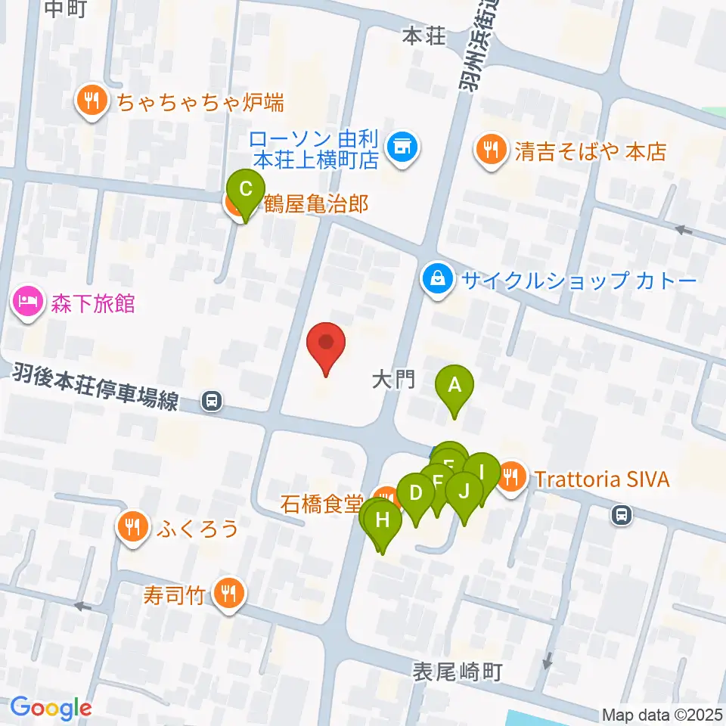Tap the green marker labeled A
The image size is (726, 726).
coord(455,386)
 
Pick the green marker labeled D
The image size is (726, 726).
coord(415,494)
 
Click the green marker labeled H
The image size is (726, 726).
coord(383,520)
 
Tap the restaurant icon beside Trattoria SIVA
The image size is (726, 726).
coord(513,476)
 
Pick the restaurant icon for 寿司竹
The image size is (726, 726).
coord(228,594)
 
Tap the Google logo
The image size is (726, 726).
coord(51,709)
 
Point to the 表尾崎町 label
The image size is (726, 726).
coord(458,671)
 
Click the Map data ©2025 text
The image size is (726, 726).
coord(662,714)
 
